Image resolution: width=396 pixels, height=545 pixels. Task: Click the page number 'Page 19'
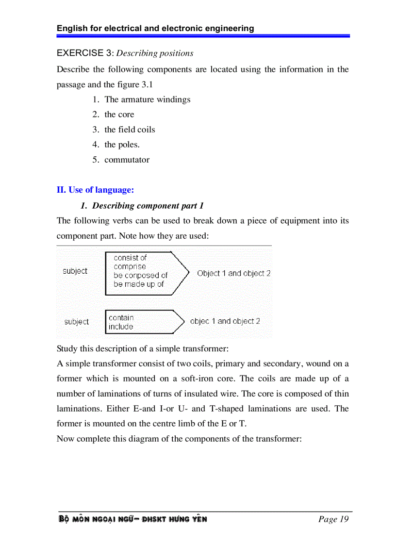tap(333, 519)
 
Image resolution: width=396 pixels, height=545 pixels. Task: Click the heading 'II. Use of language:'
tap(95, 190)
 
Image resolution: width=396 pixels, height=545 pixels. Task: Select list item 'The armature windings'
tap(147, 99)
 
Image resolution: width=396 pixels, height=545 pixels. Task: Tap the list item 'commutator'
tap(127, 160)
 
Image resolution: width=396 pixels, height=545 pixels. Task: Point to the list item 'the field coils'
tap(130, 130)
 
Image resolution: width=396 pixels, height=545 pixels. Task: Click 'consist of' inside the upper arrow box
tap(130, 258)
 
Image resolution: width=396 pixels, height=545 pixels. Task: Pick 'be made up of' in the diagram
tap(139, 284)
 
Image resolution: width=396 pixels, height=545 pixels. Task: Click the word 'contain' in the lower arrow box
tap(121, 318)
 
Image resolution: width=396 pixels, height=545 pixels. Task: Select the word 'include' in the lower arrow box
tap(121, 327)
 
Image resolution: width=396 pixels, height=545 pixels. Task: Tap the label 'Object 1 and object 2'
tap(234, 273)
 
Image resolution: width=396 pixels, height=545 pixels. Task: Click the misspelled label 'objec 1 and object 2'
tap(225, 321)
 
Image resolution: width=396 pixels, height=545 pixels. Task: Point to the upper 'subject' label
tap(75, 271)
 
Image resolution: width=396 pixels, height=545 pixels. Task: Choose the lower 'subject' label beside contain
tap(77, 322)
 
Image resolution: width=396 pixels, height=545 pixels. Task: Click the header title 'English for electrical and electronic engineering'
tap(155, 28)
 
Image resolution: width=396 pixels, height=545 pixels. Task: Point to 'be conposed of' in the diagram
tap(141, 276)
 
